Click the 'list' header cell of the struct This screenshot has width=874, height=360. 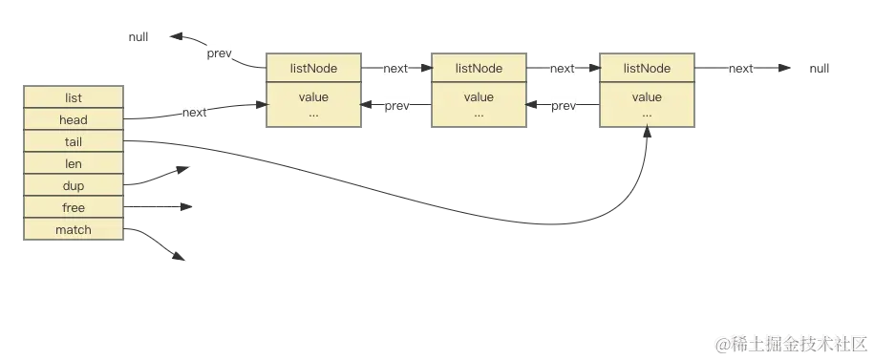[x=74, y=98]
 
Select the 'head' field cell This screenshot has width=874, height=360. [x=74, y=120]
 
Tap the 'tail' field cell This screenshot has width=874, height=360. [x=74, y=142]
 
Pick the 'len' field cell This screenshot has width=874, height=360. [x=74, y=164]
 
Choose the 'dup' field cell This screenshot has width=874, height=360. [x=74, y=186]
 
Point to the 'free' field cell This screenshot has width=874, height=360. [x=74, y=208]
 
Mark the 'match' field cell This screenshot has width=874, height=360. [x=74, y=230]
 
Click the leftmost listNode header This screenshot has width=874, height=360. [x=312, y=69]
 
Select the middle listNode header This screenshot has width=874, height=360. [x=479, y=69]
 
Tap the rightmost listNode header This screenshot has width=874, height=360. [x=646, y=69]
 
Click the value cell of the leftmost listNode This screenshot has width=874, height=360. [x=312, y=104]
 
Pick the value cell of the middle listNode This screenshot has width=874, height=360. [x=479, y=104]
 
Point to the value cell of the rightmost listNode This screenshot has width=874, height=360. [x=646, y=104]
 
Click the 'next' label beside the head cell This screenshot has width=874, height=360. [x=194, y=113]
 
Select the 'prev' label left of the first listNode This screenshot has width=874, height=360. [x=219, y=53]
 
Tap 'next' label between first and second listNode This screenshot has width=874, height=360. [x=395, y=69]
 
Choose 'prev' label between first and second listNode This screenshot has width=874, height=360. [x=395, y=106]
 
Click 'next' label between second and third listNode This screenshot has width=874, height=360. [x=563, y=69]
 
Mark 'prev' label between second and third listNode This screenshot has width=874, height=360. [x=564, y=106]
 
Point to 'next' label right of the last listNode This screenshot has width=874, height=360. [x=740, y=69]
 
